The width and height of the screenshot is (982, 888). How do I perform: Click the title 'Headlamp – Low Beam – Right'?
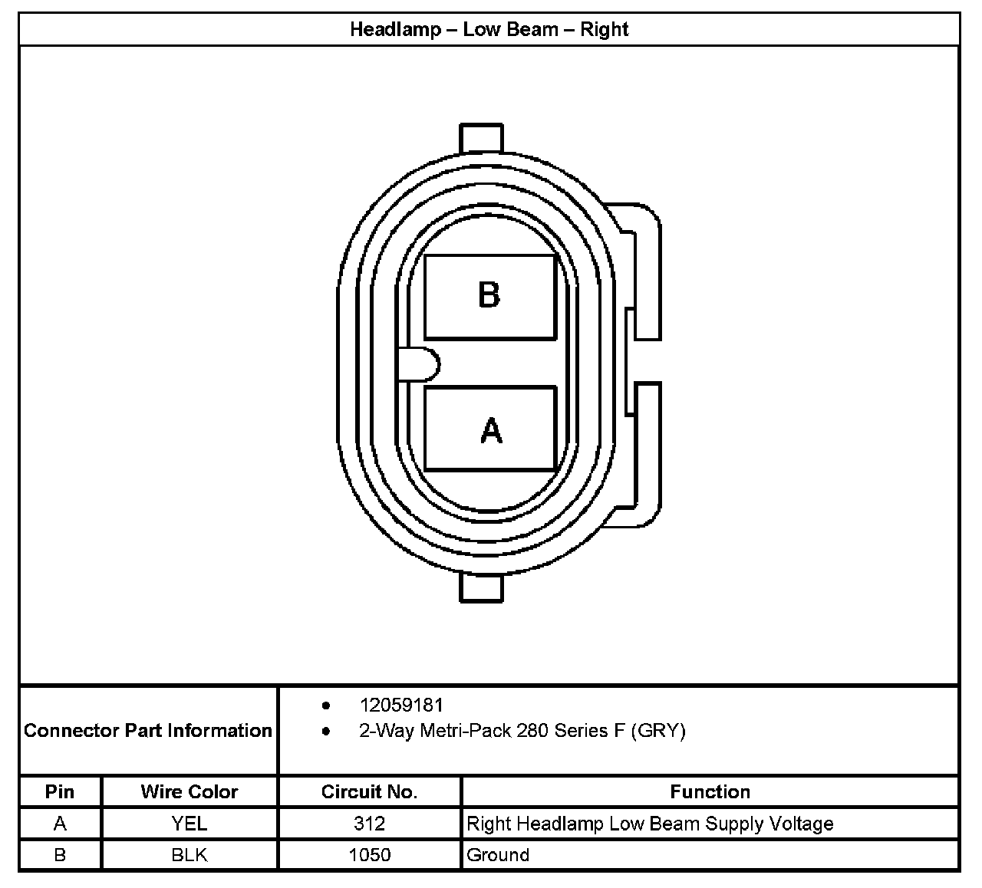(489, 30)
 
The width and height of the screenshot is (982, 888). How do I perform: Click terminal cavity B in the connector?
(489, 297)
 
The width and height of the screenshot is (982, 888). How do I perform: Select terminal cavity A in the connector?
(489, 429)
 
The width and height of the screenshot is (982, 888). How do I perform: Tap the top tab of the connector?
(481, 137)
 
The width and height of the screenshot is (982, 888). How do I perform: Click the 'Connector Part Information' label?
(148, 730)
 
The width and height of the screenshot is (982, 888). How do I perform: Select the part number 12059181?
(401, 705)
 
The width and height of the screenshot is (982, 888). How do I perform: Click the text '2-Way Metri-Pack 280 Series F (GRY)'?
(522, 730)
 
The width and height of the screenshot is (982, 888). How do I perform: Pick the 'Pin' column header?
(60, 791)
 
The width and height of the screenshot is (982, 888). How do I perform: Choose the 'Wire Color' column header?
(189, 791)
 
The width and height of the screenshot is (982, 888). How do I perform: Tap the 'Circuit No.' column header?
(369, 791)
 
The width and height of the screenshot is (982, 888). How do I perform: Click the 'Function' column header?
(710, 791)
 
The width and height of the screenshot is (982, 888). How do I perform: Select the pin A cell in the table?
(60, 824)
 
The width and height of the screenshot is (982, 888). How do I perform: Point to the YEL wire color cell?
(189, 824)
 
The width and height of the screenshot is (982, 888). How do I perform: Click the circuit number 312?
(369, 824)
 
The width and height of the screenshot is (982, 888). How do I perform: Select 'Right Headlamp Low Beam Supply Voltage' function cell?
(650, 824)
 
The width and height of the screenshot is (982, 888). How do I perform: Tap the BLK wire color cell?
(189, 854)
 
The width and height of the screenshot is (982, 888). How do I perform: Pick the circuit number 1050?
(369, 854)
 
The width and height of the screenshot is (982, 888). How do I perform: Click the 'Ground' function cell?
(498, 854)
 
